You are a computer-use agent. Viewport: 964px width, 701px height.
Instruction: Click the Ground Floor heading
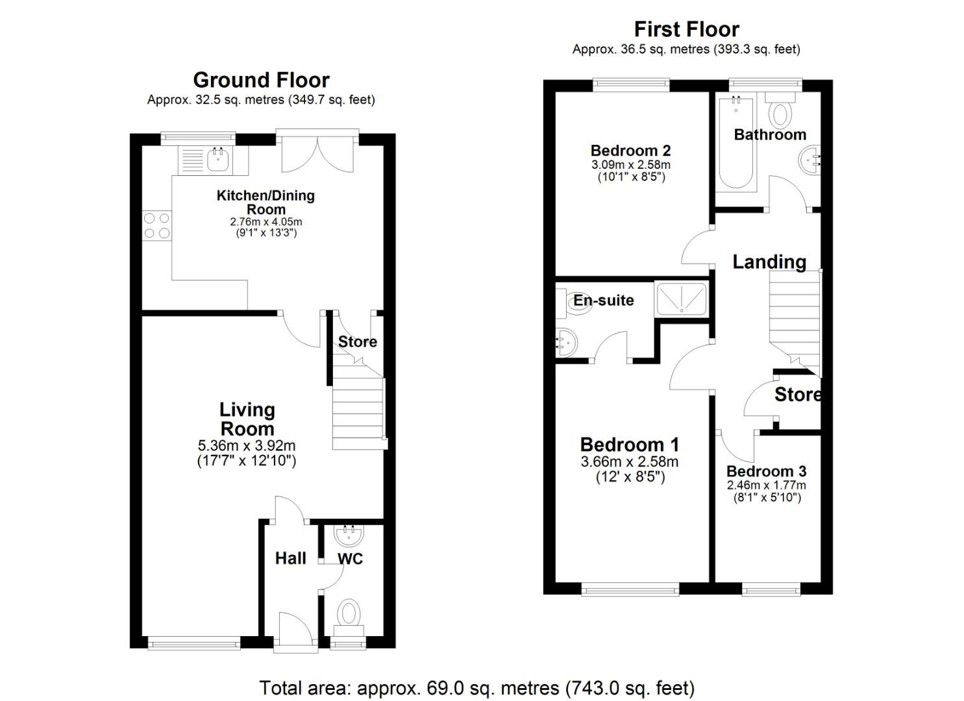tap(261, 80)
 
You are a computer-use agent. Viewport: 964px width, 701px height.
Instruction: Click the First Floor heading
tap(686, 29)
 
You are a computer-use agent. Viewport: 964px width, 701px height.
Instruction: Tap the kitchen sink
tap(218, 160)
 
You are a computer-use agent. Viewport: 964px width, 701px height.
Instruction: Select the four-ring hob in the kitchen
tap(156, 226)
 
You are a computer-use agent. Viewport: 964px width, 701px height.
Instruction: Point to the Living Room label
tap(247, 419)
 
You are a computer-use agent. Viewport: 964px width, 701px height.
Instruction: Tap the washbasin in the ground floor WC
tap(349, 535)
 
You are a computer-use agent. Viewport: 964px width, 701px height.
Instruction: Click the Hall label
tap(290, 558)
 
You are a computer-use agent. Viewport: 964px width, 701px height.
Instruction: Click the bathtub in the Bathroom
tap(736, 143)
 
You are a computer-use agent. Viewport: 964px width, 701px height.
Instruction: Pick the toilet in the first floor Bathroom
tap(780, 112)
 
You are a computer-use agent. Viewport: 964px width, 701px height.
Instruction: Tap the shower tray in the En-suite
tap(681, 299)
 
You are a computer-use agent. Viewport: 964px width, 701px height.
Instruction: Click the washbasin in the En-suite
tap(565, 341)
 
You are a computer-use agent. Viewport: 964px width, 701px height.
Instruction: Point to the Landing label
tap(769, 262)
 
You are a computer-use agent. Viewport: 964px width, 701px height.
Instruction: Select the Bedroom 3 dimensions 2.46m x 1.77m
tap(766, 486)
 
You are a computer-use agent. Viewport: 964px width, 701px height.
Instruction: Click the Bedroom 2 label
tap(630, 151)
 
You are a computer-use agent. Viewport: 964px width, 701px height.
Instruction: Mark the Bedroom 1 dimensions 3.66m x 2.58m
tap(629, 462)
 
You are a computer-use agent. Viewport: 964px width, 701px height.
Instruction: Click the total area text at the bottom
tap(476, 687)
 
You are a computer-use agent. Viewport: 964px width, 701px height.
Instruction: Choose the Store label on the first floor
tap(797, 395)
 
